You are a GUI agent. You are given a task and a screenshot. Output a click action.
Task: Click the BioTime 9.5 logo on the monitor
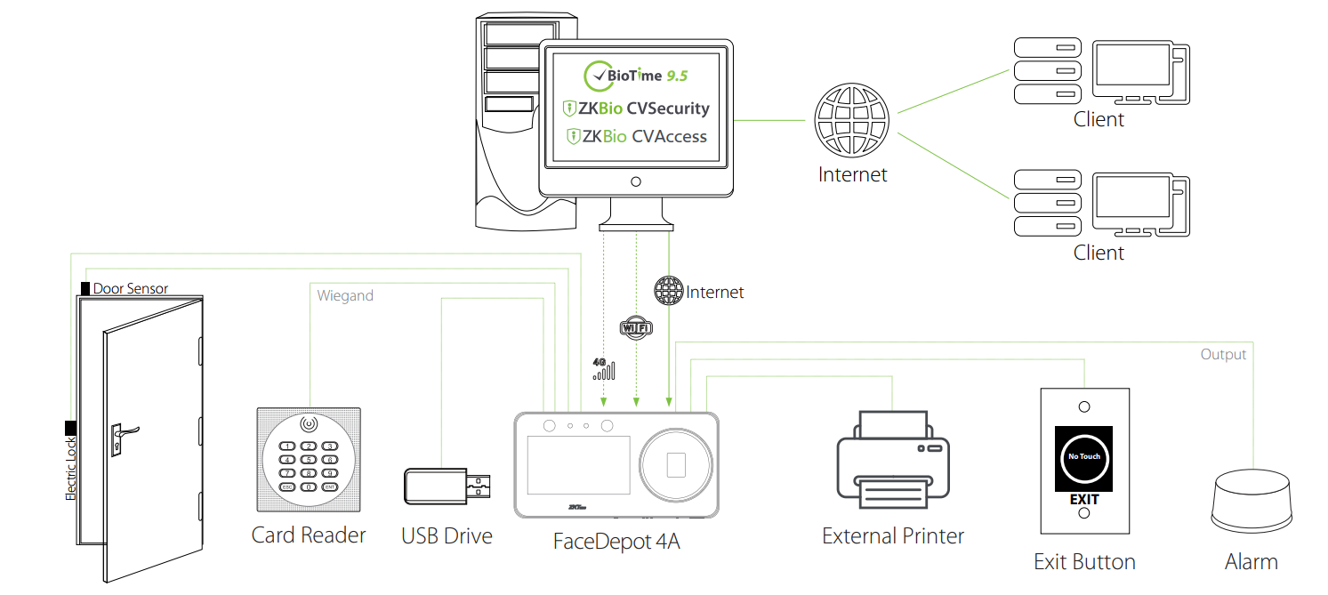point(635,76)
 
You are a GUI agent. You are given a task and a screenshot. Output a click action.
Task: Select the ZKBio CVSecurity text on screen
point(635,109)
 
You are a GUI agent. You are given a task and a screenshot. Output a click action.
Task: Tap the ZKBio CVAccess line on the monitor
point(635,136)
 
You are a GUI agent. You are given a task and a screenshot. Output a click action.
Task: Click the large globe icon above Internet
point(851,121)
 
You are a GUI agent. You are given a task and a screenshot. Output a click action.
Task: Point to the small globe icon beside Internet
point(668,291)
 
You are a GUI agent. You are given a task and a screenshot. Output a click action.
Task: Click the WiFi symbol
point(635,327)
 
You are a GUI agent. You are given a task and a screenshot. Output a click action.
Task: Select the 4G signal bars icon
point(603,369)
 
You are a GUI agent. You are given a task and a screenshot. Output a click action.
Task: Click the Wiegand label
point(345,295)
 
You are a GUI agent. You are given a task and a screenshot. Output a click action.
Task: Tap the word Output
point(1223,354)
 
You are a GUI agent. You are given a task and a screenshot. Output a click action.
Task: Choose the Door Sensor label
point(130,288)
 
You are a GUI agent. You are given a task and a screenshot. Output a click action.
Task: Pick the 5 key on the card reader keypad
point(309,460)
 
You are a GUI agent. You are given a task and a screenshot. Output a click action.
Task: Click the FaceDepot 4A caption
point(616,540)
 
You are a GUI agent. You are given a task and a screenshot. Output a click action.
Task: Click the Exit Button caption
point(1084,562)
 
